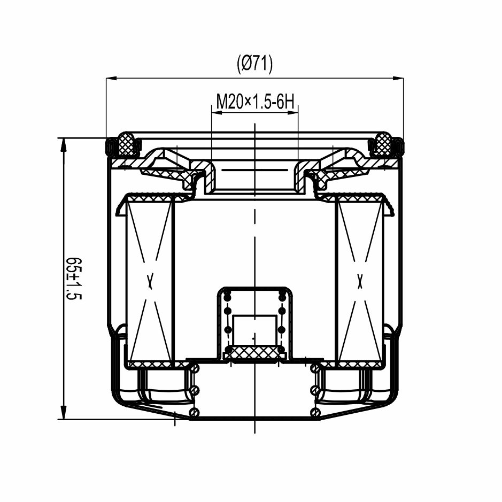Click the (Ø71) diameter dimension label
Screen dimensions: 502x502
click(x=254, y=64)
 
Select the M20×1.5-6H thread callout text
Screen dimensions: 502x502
click(x=255, y=102)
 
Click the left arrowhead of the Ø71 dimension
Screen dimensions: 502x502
click(x=111, y=78)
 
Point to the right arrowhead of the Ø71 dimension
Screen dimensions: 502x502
click(x=398, y=78)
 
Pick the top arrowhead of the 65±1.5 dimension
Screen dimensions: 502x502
click(x=64, y=143)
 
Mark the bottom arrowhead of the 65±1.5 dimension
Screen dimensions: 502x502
click(x=64, y=413)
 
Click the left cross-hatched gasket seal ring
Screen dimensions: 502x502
click(x=127, y=144)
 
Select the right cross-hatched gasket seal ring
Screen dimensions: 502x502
click(x=383, y=144)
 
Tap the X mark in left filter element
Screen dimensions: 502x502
click(x=150, y=281)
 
